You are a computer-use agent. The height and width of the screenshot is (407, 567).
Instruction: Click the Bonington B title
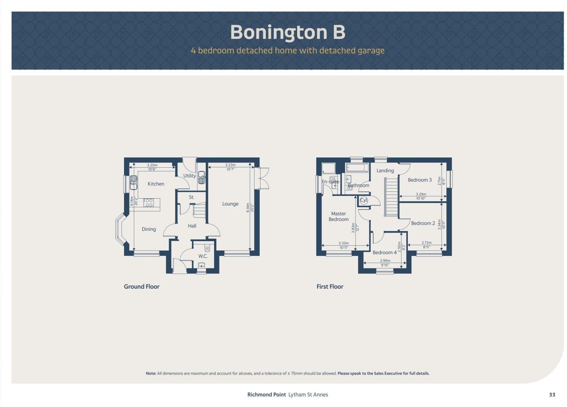(287, 32)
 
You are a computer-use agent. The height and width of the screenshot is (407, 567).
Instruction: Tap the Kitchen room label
(156, 184)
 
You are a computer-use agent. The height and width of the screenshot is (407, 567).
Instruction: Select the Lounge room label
(230, 204)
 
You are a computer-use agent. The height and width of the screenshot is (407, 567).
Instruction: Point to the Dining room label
(149, 229)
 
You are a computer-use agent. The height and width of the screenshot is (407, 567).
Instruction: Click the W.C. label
(203, 256)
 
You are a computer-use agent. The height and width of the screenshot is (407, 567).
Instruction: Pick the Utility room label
(189, 176)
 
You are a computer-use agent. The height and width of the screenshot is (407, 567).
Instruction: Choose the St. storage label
(192, 197)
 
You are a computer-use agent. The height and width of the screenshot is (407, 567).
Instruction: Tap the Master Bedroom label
(338, 216)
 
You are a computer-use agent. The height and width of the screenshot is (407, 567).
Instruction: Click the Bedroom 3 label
(420, 180)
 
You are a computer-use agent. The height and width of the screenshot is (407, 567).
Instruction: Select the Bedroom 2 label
(423, 223)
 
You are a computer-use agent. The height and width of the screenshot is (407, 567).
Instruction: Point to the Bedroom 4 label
(384, 252)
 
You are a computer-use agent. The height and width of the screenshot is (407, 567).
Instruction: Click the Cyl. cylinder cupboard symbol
(363, 200)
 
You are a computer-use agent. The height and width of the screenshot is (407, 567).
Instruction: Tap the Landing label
(385, 171)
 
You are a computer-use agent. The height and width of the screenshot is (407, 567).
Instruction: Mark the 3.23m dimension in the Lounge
(230, 165)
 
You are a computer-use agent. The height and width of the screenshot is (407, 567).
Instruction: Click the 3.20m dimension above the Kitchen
(152, 165)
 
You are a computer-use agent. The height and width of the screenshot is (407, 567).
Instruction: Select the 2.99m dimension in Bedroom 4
(385, 261)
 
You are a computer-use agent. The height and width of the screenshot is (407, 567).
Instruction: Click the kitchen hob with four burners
(149, 203)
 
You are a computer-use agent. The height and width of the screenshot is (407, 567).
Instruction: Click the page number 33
(552, 395)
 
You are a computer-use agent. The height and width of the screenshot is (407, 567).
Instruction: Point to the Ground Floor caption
(141, 286)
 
